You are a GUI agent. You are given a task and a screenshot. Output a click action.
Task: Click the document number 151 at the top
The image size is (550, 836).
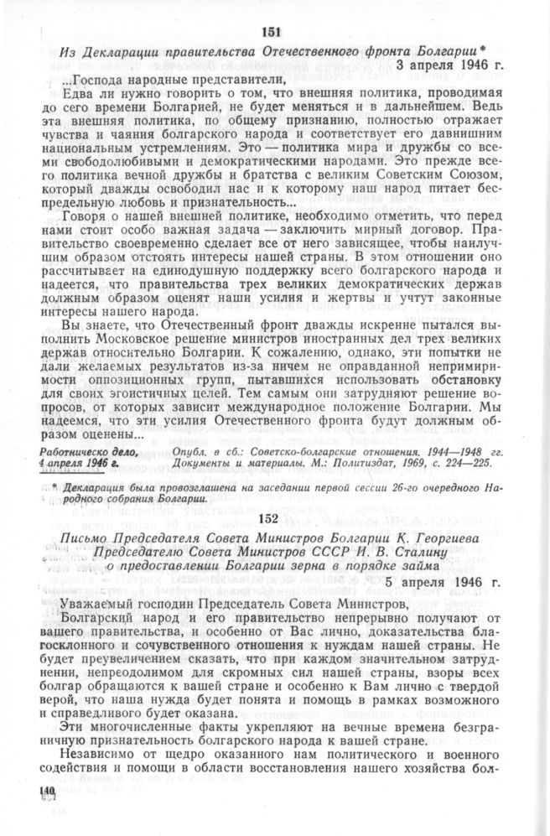click(x=274, y=32)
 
